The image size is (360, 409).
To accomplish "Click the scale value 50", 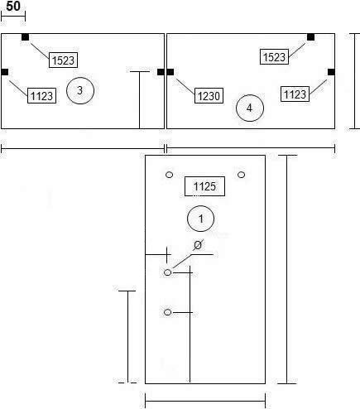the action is click(13, 6).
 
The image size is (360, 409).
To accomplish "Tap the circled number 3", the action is click(80, 90).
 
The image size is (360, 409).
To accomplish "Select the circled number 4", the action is click(250, 108).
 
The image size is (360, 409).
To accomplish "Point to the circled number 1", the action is click(200, 219).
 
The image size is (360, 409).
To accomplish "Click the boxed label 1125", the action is click(204, 186).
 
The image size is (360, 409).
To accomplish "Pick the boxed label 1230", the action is click(209, 96).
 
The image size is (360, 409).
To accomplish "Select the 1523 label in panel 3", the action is click(63, 60).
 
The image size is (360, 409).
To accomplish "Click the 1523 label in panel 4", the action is click(274, 57).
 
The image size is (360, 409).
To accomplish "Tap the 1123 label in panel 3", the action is click(41, 96).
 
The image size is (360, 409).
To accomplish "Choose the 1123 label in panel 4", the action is click(295, 94).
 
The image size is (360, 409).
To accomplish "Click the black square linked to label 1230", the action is click(170, 72).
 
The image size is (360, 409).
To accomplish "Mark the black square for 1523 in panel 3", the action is click(25, 37).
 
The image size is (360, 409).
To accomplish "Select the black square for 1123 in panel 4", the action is click(331, 72).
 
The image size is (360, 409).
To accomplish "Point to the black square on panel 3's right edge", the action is click(161, 72).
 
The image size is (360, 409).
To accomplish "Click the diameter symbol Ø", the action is click(198, 245).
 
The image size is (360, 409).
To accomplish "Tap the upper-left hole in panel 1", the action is click(169, 175).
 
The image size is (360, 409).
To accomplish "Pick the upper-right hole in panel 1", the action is click(241, 175).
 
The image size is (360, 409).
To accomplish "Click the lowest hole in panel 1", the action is click(167, 312).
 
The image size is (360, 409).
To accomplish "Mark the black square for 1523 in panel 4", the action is click(310, 37).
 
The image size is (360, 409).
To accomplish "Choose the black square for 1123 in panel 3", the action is click(5, 72).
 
